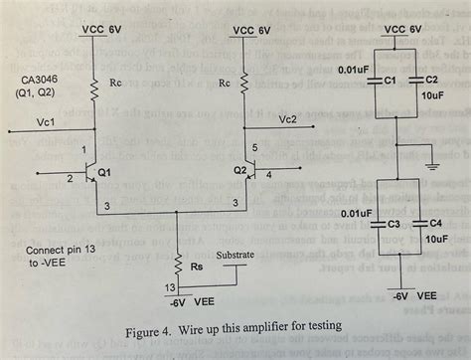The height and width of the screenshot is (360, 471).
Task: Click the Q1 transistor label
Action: (x=104, y=171)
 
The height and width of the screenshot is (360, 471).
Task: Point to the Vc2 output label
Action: (x=287, y=120)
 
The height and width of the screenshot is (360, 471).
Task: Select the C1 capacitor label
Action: (x=391, y=80)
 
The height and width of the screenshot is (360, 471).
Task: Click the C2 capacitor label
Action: (x=430, y=80)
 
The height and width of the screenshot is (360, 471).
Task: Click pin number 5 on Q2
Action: (x=256, y=149)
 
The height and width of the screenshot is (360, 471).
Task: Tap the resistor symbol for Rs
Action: (x=176, y=266)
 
